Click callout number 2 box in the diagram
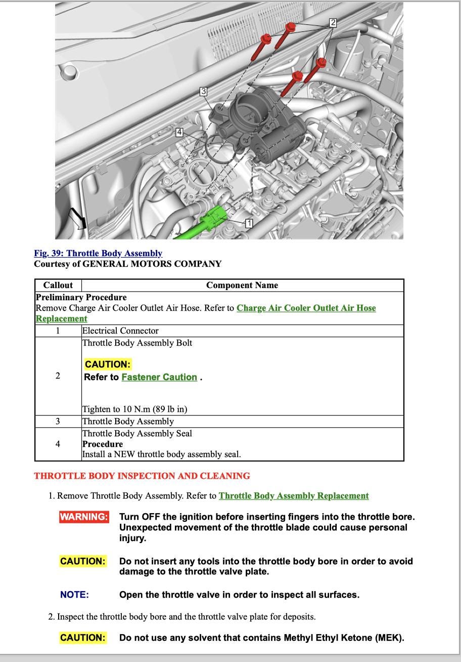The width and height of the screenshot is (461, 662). point(333,23)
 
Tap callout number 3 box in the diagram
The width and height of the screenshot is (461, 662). point(203,91)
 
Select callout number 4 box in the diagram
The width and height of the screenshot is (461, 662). point(179,132)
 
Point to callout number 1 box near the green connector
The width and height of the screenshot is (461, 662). point(249,223)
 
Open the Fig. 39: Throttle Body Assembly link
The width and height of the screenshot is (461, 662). point(98,253)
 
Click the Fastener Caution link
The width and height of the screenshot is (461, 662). point(159,377)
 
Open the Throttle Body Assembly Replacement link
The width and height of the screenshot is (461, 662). point(293,496)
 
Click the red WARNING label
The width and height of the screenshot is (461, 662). point(84,517)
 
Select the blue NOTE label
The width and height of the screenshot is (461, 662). point(74,595)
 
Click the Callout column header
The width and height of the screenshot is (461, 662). point(58,285)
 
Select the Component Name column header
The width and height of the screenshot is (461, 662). point(242,285)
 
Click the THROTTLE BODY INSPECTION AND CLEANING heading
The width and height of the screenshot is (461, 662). point(142,476)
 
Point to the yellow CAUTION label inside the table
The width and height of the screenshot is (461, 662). point(107,364)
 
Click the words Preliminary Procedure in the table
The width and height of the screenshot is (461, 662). point(81,297)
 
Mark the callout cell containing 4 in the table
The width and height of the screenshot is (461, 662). point(58,444)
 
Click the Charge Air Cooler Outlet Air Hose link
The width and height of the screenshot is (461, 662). point(306,308)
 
